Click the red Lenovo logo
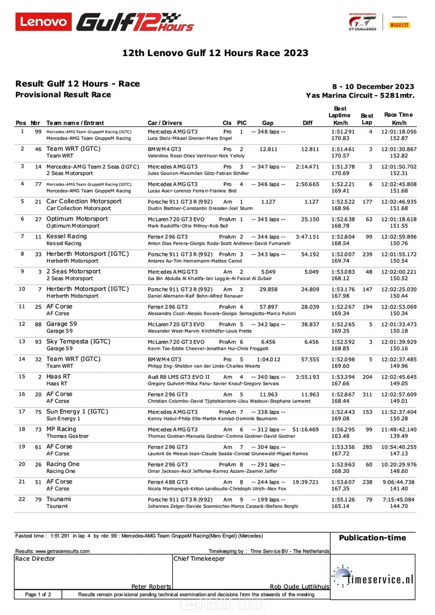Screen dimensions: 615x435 tap(44, 22)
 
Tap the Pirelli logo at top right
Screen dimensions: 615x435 tap(407, 25)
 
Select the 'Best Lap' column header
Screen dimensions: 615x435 tap(367, 119)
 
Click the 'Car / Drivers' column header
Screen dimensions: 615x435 tap(165, 123)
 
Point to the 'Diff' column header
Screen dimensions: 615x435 tap(308, 123)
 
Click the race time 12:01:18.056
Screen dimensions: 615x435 tap(400, 131)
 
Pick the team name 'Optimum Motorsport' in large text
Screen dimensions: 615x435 tap(77, 219)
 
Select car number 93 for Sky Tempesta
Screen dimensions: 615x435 tap(38, 341)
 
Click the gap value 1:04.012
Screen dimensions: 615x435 tap(269, 359)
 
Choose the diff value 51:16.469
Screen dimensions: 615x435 tap(306, 429)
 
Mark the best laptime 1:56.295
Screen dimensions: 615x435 tap(343, 429)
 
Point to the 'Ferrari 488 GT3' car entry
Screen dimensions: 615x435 tap(169, 482)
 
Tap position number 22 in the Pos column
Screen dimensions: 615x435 tap(22, 499)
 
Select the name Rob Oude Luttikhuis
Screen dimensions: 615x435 tap(300, 587)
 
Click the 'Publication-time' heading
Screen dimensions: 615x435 tap(372, 538)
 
